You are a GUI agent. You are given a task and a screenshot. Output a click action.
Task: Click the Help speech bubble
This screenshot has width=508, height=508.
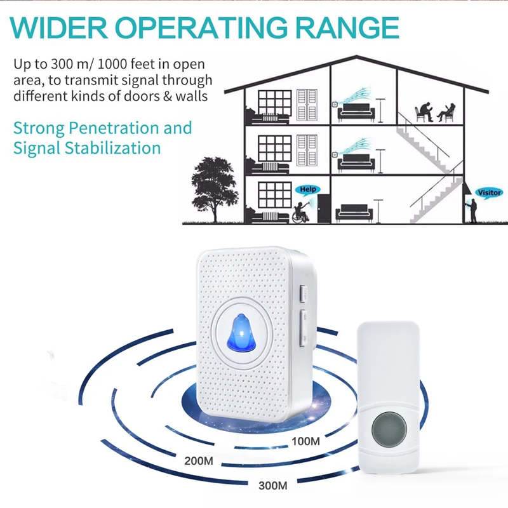pos(307,189)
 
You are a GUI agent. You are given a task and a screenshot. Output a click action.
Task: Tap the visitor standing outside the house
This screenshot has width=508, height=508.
pos(472,210)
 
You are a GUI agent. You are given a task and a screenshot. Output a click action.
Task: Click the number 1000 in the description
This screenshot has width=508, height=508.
pos(114,64)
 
